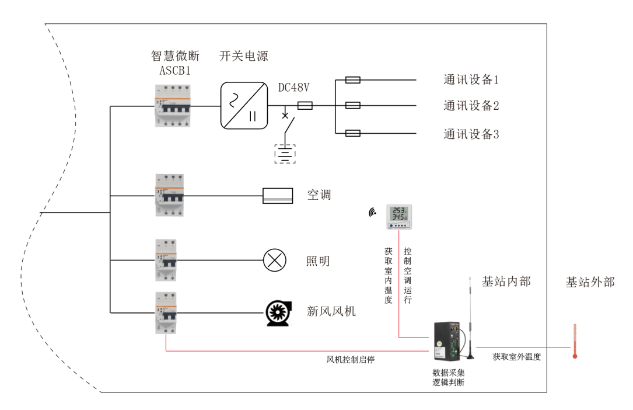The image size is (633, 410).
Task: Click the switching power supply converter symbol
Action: [243, 106]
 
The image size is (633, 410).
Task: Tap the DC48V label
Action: [293, 88]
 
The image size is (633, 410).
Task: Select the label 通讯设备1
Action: [471, 79]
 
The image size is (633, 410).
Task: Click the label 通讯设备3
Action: [471, 134]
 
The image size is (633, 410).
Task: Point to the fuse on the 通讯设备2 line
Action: [352, 106]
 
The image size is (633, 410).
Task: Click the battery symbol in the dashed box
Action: [285, 154]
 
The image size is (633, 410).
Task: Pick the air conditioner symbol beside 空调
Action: [278, 196]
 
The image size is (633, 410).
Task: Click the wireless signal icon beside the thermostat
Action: [372, 213]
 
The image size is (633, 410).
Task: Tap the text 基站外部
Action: [590, 282]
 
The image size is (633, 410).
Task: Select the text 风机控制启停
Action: [350, 360]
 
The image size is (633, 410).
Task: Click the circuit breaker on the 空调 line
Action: [169, 195]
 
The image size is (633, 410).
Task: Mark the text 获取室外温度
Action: [516, 357]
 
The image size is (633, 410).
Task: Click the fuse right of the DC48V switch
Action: [305, 106]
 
